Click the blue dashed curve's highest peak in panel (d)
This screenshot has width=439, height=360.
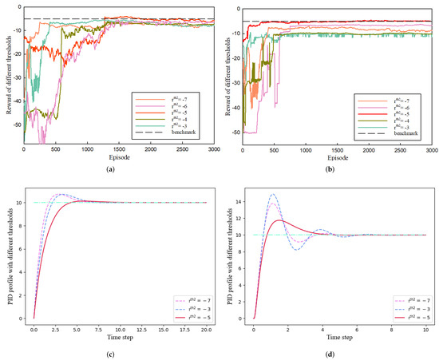[x=274, y=194]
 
